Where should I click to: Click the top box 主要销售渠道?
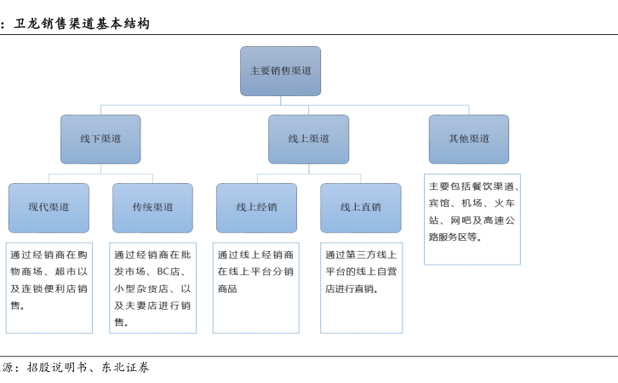click(280, 71)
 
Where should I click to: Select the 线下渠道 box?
click(100, 139)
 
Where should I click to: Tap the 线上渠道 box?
click(309, 139)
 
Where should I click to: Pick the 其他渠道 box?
click(469, 139)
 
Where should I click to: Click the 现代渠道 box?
click(49, 208)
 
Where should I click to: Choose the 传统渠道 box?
click(152, 208)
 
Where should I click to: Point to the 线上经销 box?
click(256, 208)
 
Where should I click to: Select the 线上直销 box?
click(361, 208)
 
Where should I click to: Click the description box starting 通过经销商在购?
click(49, 288)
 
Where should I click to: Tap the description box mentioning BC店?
click(152, 288)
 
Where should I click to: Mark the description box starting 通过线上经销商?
click(255, 288)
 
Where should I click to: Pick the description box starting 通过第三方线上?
click(362, 288)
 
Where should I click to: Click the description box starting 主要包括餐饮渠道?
click(472, 219)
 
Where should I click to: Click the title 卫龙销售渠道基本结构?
click(82, 24)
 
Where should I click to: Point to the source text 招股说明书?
click(57, 367)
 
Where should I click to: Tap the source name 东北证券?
click(125, 367)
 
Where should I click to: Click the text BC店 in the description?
click(169, 272)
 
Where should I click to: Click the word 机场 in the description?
click(472, 203)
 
